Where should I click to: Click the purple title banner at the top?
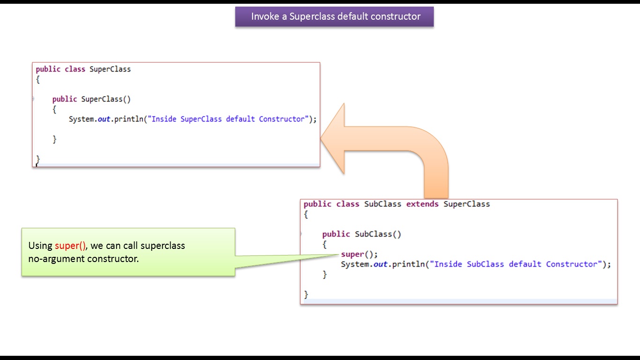tap(334, 16)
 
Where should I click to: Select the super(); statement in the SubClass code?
tap(359, 254)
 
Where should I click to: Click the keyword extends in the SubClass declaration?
tap(422, 204)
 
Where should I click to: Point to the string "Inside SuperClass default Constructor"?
tap(227, 119)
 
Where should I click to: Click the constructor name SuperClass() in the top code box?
tap(106, 99)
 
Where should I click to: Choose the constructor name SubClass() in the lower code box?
tap(378, 234)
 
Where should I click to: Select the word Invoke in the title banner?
tap(264, 16)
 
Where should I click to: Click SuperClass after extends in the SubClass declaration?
tap(467, 204)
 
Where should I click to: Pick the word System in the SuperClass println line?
tap(82, 119)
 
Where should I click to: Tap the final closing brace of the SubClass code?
tap(306, 294)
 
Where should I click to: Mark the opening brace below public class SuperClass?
tap(38, 80)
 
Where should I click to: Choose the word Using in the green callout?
tap(40, 246)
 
